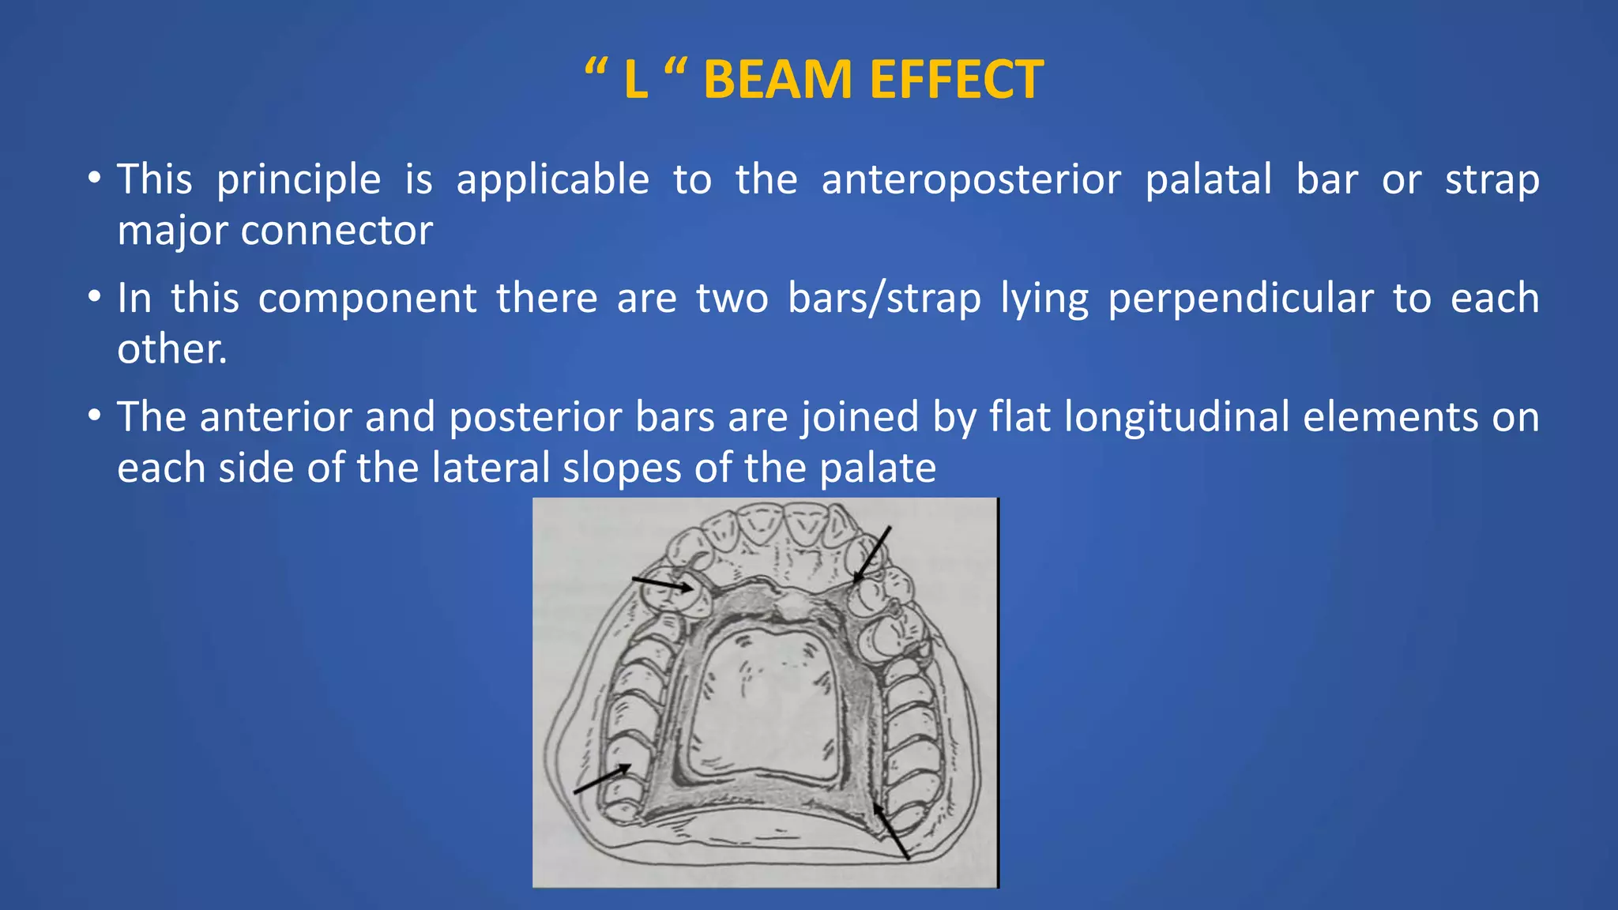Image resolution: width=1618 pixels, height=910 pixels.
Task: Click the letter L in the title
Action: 635,80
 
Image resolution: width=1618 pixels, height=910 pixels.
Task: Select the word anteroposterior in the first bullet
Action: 971,179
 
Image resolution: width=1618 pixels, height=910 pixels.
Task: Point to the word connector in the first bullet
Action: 337,231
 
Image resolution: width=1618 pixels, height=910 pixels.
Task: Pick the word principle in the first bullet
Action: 299,179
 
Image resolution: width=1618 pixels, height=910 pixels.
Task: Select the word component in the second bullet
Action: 367,299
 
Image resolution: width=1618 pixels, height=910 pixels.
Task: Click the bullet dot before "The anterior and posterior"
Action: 95,415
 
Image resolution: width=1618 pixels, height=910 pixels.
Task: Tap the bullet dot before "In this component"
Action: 95,297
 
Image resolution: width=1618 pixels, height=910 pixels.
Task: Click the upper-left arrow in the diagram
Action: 662,585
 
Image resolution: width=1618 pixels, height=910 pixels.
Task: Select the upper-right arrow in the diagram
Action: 872,555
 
